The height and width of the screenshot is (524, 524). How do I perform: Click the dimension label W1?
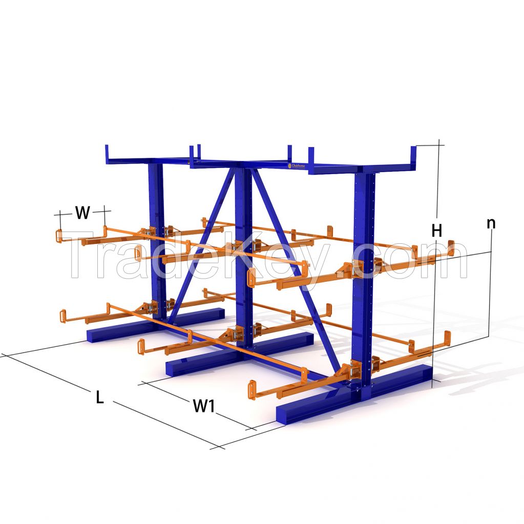point(203,406)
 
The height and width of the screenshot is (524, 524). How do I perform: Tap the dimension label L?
point(100,397)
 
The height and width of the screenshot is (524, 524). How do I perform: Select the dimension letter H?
point(436,231)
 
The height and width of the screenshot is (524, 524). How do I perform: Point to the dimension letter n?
point(491,223)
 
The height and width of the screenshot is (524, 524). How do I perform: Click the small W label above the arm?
point(82,213)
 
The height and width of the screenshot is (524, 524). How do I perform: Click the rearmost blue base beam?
point(154,325)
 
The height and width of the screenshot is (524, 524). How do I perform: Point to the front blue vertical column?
point(364,277)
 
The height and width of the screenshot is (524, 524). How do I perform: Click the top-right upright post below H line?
point(413,156)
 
